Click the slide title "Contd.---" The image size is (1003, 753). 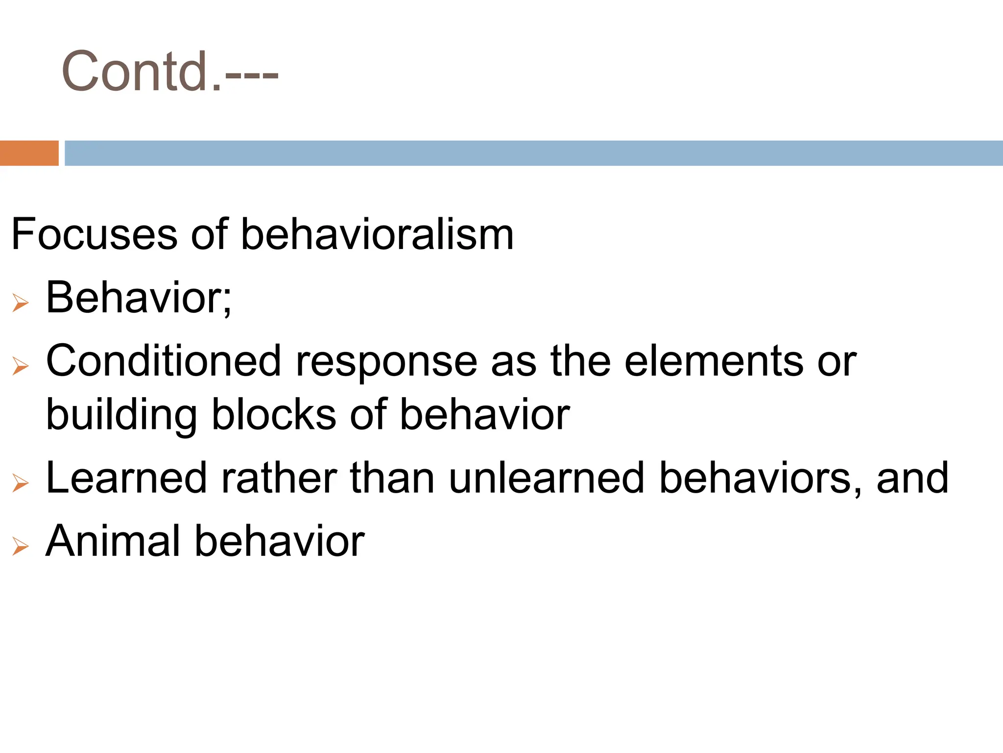(169, 72)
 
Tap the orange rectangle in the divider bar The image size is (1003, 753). (29, 153)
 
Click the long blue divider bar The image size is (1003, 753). (533, 153)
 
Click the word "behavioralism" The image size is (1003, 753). (377, 234)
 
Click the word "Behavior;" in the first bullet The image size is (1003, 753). (139, 298)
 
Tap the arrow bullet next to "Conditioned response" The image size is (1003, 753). (21, 366)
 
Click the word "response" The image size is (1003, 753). (386, 362)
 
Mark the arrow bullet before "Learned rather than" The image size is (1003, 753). (21, 483)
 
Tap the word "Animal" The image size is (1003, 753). (113, 541)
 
